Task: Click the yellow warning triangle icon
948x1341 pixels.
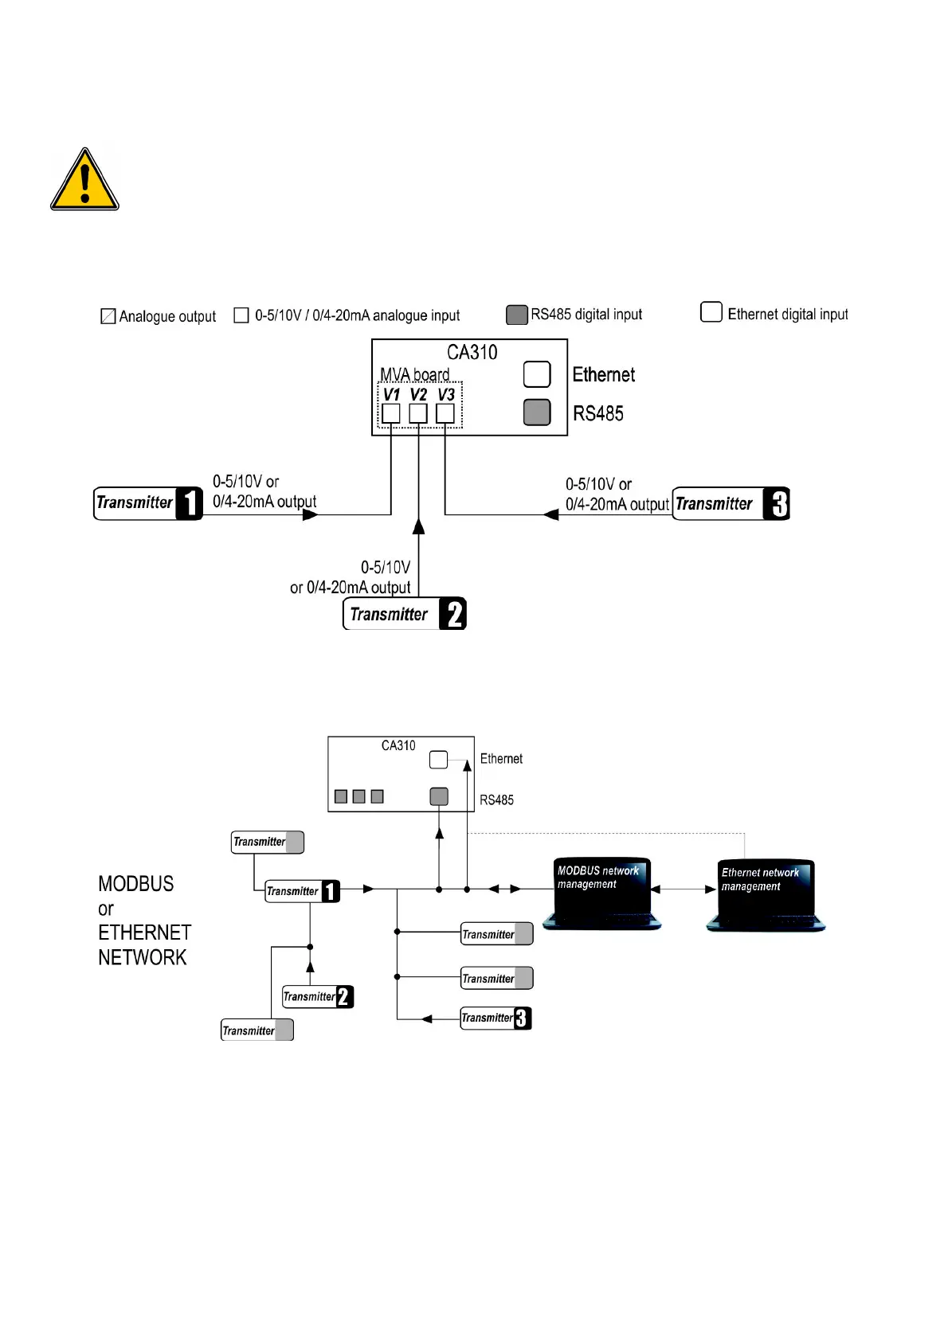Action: [84, 181]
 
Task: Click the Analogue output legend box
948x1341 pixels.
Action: [108, 316]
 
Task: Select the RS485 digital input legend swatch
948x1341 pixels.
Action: [517, 315]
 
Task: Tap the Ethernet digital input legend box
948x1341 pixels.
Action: [711, 311]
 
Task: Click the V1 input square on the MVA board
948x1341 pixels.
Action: [391, 413]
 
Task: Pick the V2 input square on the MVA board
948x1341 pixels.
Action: [418, 413]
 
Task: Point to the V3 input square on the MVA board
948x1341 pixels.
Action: [445, 413]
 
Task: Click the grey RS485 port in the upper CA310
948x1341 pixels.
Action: [537, 412]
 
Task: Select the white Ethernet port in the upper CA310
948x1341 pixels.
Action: [537, 373]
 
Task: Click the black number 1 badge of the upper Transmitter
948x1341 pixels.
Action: [189, 503]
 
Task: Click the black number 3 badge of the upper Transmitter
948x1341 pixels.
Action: [777, 503]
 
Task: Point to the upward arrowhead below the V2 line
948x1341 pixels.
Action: [418, 526]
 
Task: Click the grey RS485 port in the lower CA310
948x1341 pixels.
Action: [439, 796]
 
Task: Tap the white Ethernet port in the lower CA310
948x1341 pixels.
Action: [438, 760]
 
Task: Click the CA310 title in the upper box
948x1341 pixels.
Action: [472, 352]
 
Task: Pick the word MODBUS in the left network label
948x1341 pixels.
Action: [135, 884]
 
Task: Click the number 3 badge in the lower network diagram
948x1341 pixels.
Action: [522, 1018]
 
